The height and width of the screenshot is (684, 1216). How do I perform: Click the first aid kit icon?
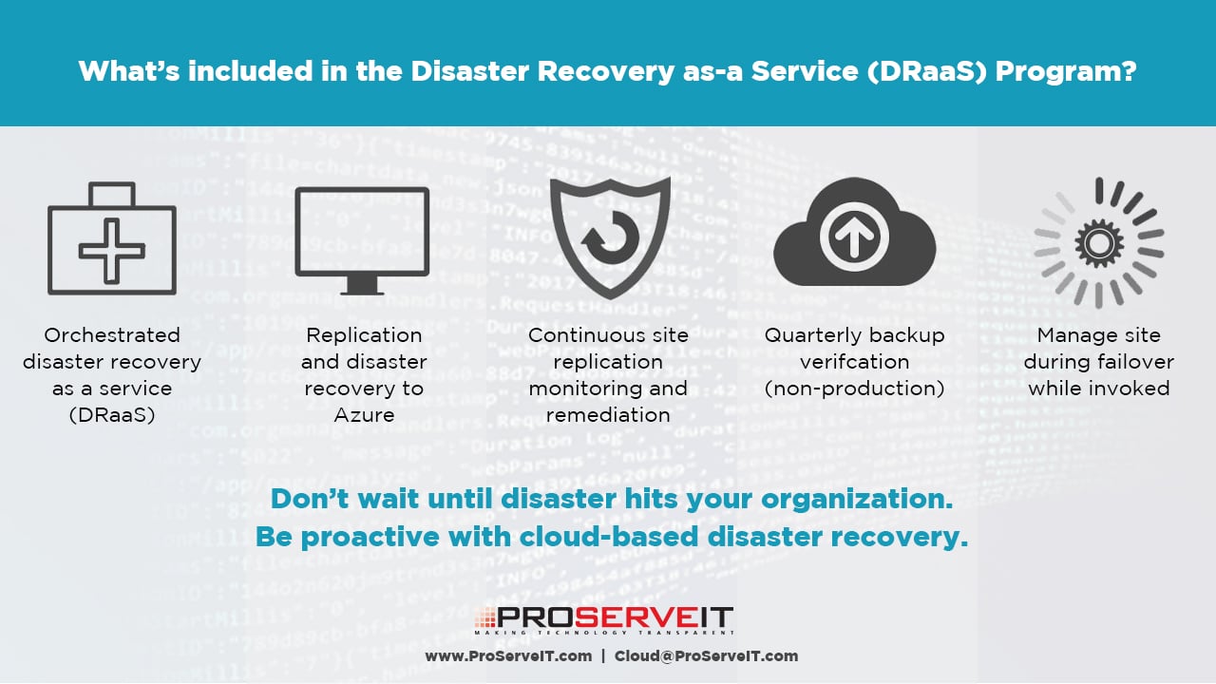(112, 238)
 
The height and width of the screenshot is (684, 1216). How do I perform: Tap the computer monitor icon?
(362, 241)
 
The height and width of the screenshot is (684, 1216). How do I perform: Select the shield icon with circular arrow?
(610, 237)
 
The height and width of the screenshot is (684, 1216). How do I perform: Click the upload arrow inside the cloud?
(854, 237)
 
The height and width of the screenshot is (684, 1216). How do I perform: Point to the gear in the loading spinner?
(1099, 244)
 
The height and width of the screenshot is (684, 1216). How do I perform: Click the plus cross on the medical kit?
(112, 251)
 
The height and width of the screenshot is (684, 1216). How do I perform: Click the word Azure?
(364, 415)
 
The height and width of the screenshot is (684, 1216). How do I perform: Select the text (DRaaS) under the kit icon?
(112, 415)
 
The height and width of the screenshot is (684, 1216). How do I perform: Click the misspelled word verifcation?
(854, 362)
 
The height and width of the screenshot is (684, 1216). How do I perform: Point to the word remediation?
(608, 415)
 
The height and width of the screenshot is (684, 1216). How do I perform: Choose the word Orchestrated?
(112, 335)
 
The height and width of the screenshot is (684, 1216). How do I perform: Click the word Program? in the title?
(1066, 71)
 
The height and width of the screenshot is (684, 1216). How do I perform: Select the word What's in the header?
(128, 70)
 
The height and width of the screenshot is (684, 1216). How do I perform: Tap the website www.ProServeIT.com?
(508, 656)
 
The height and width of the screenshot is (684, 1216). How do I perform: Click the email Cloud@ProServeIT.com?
(706, 656)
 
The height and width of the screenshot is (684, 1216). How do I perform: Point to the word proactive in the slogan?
(370, 538)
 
